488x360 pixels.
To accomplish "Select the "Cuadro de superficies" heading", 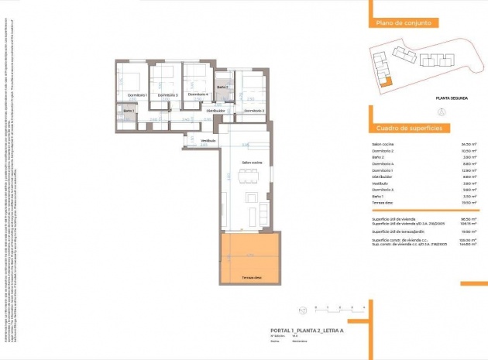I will tap(408, 128).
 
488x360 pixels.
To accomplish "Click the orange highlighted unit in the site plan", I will tap(390, 81).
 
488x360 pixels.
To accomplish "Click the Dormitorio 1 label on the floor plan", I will tap(136, 94).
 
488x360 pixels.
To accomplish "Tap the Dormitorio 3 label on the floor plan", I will tap(167, 94).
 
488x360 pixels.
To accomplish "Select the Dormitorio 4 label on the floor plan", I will tap(198, 94).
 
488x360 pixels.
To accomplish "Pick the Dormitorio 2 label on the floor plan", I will tap(254, 111).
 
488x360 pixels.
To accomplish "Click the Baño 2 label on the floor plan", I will tap(222, 87).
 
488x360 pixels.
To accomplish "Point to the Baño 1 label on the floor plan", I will tap(129, 111).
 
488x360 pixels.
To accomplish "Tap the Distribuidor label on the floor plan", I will tap(215, 111).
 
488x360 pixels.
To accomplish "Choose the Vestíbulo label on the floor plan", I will tap(208, 140).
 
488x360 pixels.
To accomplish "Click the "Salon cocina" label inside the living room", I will tap(252, 162).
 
